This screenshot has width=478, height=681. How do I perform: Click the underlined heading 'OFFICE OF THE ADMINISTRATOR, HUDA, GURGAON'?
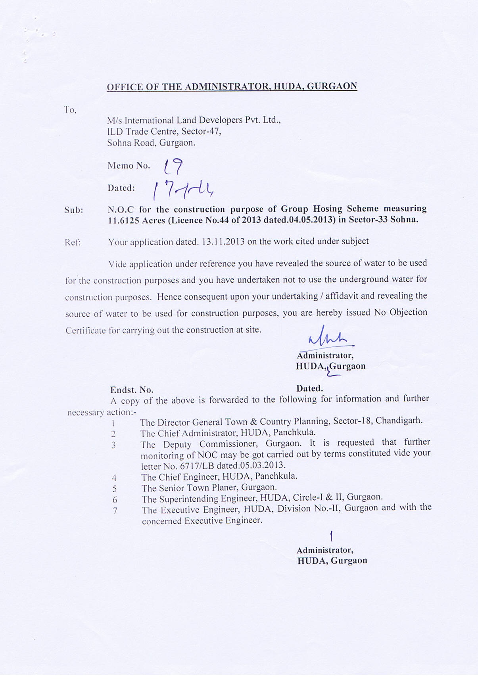(x=232, y=86)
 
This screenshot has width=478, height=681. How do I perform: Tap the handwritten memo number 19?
(x=173, y=166)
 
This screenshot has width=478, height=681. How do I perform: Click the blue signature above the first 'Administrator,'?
(x=327, y=337)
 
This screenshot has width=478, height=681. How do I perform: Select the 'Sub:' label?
(x=74, y=210)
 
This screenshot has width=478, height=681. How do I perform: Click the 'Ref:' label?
(x=73, y=242)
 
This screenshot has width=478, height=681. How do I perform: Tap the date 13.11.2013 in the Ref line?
(x=223, y=242)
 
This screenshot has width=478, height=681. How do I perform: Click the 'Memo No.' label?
(x=129, y=166)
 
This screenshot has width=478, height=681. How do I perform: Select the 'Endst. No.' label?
(x=132, y=390)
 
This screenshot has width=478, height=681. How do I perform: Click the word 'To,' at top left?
(x=70, y=110)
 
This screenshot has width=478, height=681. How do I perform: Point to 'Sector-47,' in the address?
(x=201, y=131)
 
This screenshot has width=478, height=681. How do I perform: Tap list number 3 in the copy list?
(x=113, y=445)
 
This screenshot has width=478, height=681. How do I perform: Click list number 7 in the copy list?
(x=115, y=511)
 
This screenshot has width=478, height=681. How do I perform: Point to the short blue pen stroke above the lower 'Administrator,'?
(x=331, y=536)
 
